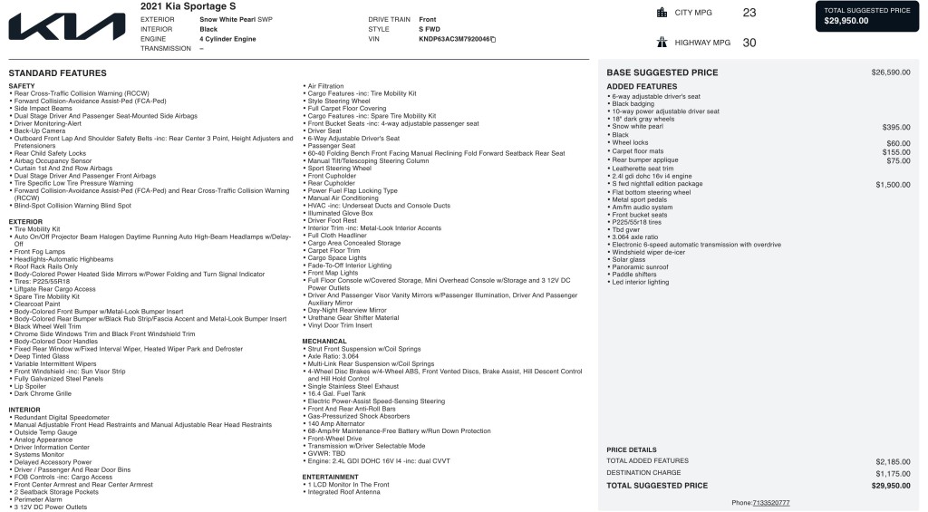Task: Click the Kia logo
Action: [x=67, y=25]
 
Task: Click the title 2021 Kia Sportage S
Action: [x=188, y=6]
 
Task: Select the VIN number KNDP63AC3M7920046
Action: [x=454, y=39]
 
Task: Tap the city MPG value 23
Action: [x=749, y=13]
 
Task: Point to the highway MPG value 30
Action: [x=749, y=43]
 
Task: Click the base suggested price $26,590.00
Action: [x=891, y=72]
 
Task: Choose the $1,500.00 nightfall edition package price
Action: [x=893, y=184]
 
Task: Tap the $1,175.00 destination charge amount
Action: [x=893, y=473]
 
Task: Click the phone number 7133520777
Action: [x=771, y=502]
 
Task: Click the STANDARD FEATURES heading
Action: [x=57, y=73]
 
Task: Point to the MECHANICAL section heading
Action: [x=324, y=342]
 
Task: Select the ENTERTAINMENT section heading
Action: [x=331, y=477]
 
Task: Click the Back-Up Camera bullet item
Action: [x=40, y=130]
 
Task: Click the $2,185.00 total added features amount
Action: [x=893, y=461]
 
